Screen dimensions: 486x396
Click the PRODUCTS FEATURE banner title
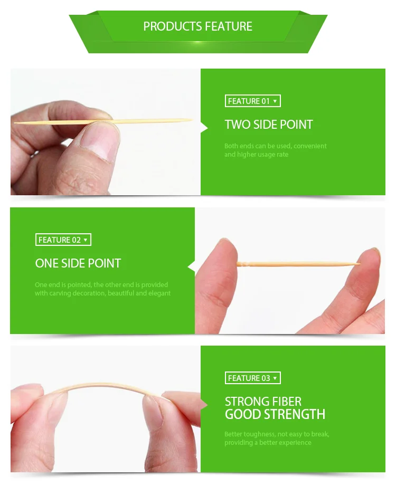click(x=197, y=26)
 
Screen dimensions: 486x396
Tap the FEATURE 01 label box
click(x=252, y=101)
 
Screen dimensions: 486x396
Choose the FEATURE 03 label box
click(x=252, y=378)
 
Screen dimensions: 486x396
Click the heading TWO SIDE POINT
click(x=269, y=125)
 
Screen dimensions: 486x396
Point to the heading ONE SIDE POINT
click(x=78, y=263)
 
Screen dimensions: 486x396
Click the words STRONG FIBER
click(x=263, y=402)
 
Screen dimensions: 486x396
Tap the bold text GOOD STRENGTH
click(x=275, y=414)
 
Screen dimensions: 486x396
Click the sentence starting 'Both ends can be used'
click(x=276, y=146)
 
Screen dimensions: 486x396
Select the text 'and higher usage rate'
click(x=256, y=155)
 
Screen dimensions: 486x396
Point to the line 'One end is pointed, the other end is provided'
click(x=101, y=285)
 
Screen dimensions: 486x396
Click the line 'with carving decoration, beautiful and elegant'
click(x=103, y=293)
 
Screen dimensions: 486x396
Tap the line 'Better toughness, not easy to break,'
click(x=277, y=434)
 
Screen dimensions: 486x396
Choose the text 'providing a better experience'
click(x=268, y=443)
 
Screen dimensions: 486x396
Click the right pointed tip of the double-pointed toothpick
click(x=191, y=120)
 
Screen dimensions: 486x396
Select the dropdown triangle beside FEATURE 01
click(x=275, y=101)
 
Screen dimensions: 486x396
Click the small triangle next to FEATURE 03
click(x=275, y=378)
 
